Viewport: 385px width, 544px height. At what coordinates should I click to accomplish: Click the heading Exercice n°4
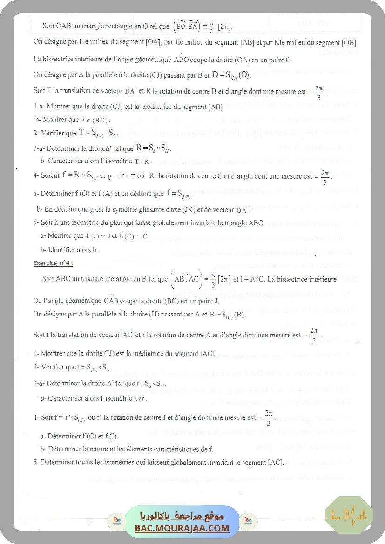click(53, 263)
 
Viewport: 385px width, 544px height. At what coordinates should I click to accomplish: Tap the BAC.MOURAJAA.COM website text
click(182, 528)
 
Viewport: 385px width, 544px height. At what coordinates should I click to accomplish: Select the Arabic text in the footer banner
click(182, 517)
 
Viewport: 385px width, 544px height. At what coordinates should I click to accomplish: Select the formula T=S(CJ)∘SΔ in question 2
click(100, 133)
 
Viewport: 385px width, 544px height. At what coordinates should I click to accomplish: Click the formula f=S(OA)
click(178, 193)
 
